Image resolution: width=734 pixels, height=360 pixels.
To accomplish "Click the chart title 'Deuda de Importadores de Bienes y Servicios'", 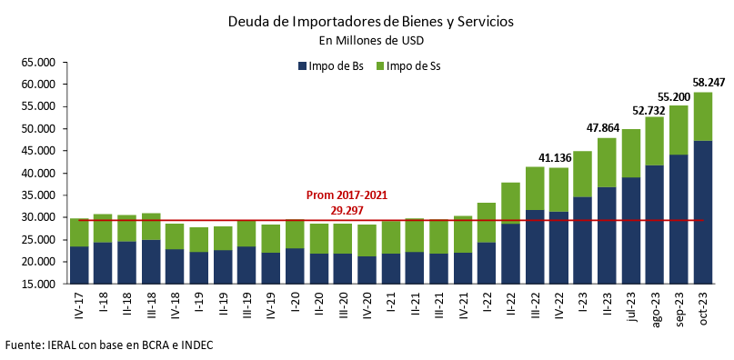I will click(370, 23).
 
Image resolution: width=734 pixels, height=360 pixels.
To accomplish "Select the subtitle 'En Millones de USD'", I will click(370, 40).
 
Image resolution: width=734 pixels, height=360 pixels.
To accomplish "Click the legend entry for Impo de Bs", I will click(331, 65).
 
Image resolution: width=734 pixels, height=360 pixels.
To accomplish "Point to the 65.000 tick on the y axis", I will click(37, 63).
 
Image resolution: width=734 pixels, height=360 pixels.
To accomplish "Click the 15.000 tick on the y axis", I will click(37, 285).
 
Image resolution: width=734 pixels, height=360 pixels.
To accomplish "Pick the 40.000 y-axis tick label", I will click(37, 174).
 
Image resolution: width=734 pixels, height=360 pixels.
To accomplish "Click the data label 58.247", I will click(709, 82).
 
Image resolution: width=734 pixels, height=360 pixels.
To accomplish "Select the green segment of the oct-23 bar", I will click(703, 116).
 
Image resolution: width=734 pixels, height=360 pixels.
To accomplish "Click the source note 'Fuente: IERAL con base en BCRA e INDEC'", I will click(109, 345).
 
